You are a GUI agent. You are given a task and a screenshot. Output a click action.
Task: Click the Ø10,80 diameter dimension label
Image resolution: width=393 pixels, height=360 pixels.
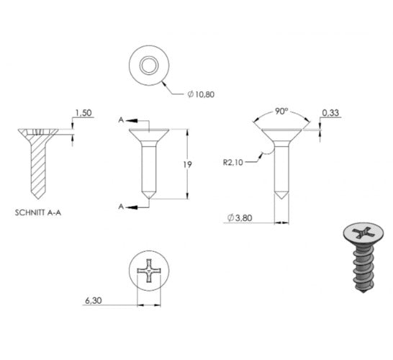(x=201, y=94)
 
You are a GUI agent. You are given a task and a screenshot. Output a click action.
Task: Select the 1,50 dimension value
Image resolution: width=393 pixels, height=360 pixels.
(x=83, y=113)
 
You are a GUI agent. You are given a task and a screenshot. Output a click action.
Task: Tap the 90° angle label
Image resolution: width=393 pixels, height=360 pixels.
(x=281, y=112)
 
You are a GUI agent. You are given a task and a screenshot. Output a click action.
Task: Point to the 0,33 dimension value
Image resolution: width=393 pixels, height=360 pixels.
(x=330, y=113)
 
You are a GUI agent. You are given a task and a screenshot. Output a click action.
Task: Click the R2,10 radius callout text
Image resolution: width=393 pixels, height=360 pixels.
(x=233, y=163)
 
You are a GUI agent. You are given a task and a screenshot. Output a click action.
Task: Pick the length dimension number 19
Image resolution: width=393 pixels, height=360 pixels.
(x=187, y=165)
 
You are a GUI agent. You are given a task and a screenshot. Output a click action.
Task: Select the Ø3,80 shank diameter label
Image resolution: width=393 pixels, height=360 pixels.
(x=240, y=218)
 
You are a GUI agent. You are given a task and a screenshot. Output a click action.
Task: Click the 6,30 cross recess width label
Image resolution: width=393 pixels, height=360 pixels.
(x=94, y=300)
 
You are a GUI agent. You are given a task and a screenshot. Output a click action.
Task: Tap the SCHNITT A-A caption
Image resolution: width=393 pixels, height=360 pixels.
(x=38, y=213)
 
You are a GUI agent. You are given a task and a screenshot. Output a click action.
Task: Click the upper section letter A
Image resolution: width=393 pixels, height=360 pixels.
(x=121, y=120)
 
